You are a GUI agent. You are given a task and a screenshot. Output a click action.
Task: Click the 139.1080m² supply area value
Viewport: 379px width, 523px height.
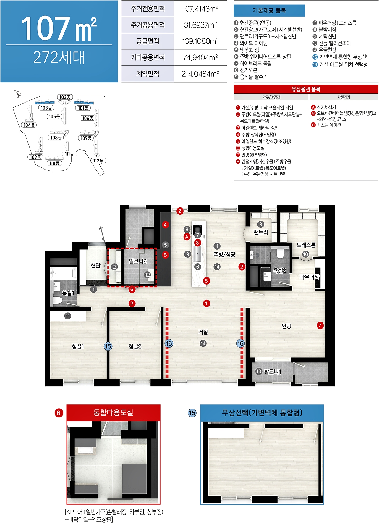click(200, 41)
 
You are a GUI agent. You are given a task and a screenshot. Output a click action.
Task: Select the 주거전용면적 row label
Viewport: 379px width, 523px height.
click(148, 9)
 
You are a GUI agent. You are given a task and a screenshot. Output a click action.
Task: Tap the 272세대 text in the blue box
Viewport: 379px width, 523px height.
click(59, 57)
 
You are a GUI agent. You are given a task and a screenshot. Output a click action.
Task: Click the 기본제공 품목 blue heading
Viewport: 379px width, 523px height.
click(269, 11)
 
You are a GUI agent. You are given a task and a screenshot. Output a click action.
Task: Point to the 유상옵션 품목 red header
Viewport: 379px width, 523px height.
click(306, 89)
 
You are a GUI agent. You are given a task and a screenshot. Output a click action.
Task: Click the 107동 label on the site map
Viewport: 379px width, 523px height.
click(86, 138)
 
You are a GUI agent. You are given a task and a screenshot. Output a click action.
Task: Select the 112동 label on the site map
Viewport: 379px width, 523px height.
click(98, 161)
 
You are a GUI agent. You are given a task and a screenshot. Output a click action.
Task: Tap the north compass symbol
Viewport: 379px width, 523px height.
click(18, 94)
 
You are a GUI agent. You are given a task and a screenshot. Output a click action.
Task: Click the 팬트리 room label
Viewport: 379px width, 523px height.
click(261, 232)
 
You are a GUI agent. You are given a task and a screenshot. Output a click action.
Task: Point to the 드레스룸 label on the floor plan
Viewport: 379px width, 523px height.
click(306, 245)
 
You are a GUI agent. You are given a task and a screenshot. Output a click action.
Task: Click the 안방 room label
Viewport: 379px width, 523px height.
click(286, 326)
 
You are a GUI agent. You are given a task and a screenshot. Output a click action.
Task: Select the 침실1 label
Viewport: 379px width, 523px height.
click(78, 346)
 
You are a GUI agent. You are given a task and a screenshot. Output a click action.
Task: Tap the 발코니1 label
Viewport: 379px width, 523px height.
click(273, 372)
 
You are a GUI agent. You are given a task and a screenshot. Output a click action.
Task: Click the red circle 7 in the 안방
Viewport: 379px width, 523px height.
click(320, 325)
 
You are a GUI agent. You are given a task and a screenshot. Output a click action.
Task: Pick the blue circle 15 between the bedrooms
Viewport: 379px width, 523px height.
click(108, 346)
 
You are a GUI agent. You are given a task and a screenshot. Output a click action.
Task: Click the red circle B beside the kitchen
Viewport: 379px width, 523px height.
click(165, 255)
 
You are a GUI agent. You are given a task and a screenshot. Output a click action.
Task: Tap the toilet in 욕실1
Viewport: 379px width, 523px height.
click(57, 301)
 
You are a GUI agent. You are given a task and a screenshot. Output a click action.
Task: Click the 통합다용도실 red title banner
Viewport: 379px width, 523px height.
click(113, 412)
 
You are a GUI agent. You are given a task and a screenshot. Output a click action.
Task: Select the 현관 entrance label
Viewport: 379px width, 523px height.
click(95, 265)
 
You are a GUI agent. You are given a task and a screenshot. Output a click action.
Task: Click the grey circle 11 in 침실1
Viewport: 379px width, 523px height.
click(68, 316)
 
